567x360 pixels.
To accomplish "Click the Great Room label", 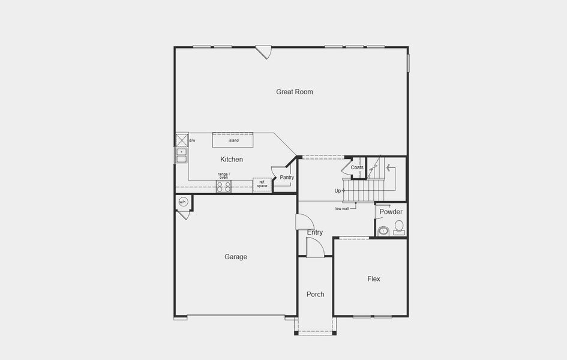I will pyautogui.click(x=294, y=92).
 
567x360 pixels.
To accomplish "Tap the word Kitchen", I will pyautogui.click(x=232, y=160).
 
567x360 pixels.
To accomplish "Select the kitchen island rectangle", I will pyautogui.click(x=233, y=140).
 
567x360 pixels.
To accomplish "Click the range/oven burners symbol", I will pyautogui.click(x=224, y=187).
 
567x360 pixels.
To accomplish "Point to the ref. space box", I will pyautogui.click(x=262, y=184).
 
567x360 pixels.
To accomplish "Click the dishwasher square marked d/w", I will pyautogui.click(x=182, y=140).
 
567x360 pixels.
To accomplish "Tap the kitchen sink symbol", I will pyautogui.click(x=181, y=155).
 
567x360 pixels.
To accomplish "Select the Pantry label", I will pyautogui.click(x=287, y=178).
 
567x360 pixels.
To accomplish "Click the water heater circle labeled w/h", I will pyautogui.click(x=183, y=202).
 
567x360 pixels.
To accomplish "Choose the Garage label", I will pyautogui.click(x=236, y=257).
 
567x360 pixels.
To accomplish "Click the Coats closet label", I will pyautogui.click(x=357, y=167).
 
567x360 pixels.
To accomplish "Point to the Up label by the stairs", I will pyautogui.click(x=338, y=191).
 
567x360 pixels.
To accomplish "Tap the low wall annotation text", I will pyautogui.click(x=342, y=209).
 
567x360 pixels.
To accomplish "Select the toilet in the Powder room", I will pyautogui.click(x=399, y=227).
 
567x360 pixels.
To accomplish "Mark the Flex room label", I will pyautogui.click(x=374, y=279).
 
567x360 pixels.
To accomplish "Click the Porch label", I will pyautogui.click(x=315, y=294).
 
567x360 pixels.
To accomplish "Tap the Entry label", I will pyautogui.click(x=315, y=232).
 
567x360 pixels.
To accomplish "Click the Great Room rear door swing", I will pyautogui.click(x=263, y=52).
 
